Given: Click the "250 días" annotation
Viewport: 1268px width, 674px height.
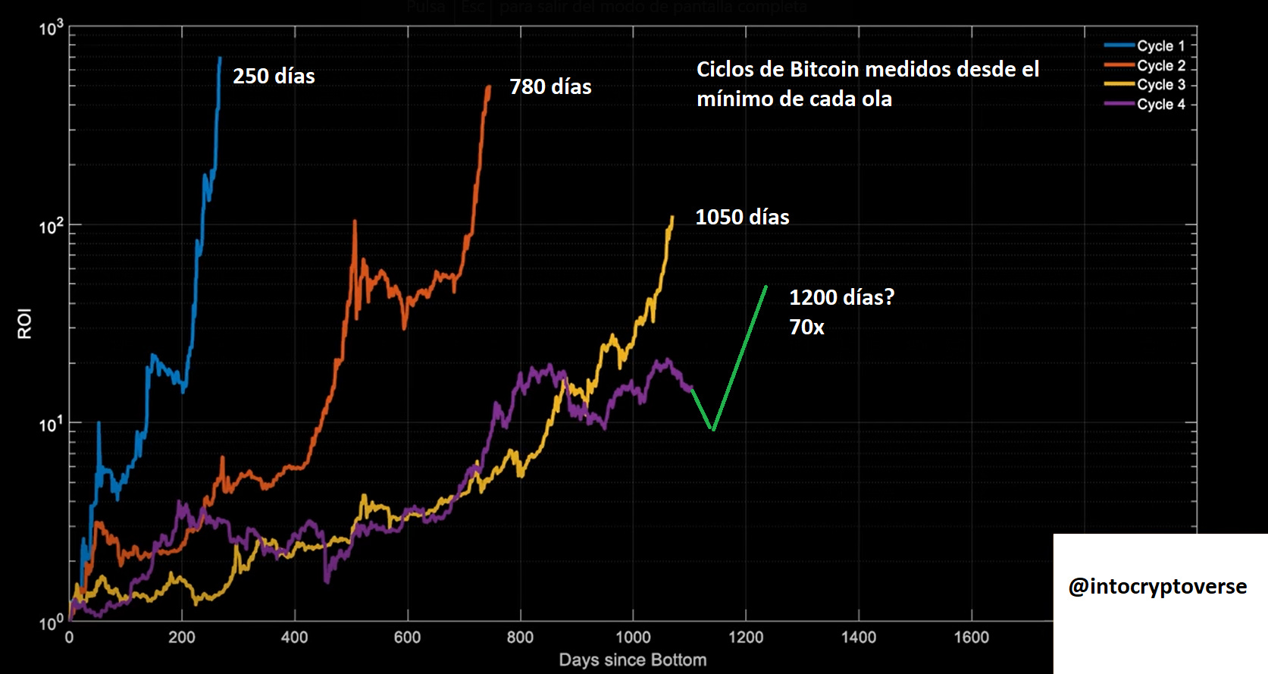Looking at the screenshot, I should (x=274, y=77).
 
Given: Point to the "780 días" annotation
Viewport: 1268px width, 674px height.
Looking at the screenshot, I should (x=550, y=87).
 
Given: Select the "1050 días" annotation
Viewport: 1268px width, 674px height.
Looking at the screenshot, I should (x=742, y=218).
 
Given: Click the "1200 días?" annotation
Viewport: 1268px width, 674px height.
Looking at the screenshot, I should (x=841, y=297).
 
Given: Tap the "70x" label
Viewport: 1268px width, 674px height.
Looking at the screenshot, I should (x=806, y=328).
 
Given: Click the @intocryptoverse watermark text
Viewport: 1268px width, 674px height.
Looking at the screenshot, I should (x=1157, y=586).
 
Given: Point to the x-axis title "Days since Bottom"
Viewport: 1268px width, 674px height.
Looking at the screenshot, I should (x=633, y=660).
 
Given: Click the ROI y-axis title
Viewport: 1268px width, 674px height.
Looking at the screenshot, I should (x=25, y=324).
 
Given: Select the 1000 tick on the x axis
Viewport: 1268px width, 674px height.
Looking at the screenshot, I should (x=633, y=638).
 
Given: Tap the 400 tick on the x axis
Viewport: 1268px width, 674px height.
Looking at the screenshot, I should (x=295, y=638).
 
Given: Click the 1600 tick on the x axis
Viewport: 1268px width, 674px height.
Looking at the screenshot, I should (x=971, y=638).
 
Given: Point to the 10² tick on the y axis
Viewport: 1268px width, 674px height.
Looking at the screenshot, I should (x=51, y=226).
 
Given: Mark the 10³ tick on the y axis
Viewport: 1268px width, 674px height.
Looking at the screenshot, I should (x=51, y=29).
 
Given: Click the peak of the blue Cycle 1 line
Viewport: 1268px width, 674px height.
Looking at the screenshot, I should (x=220, y=58).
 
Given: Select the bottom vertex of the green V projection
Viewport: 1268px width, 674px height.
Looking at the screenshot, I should (x=712, y=429).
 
